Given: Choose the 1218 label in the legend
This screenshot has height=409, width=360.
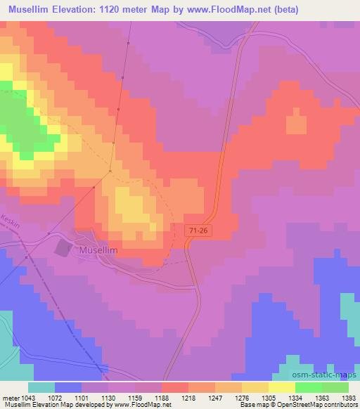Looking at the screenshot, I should (x=168, y=397).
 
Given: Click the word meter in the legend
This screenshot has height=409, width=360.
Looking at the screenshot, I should (x=12, y=397).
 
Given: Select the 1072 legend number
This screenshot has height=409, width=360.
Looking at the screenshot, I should (x=57, y=397).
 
